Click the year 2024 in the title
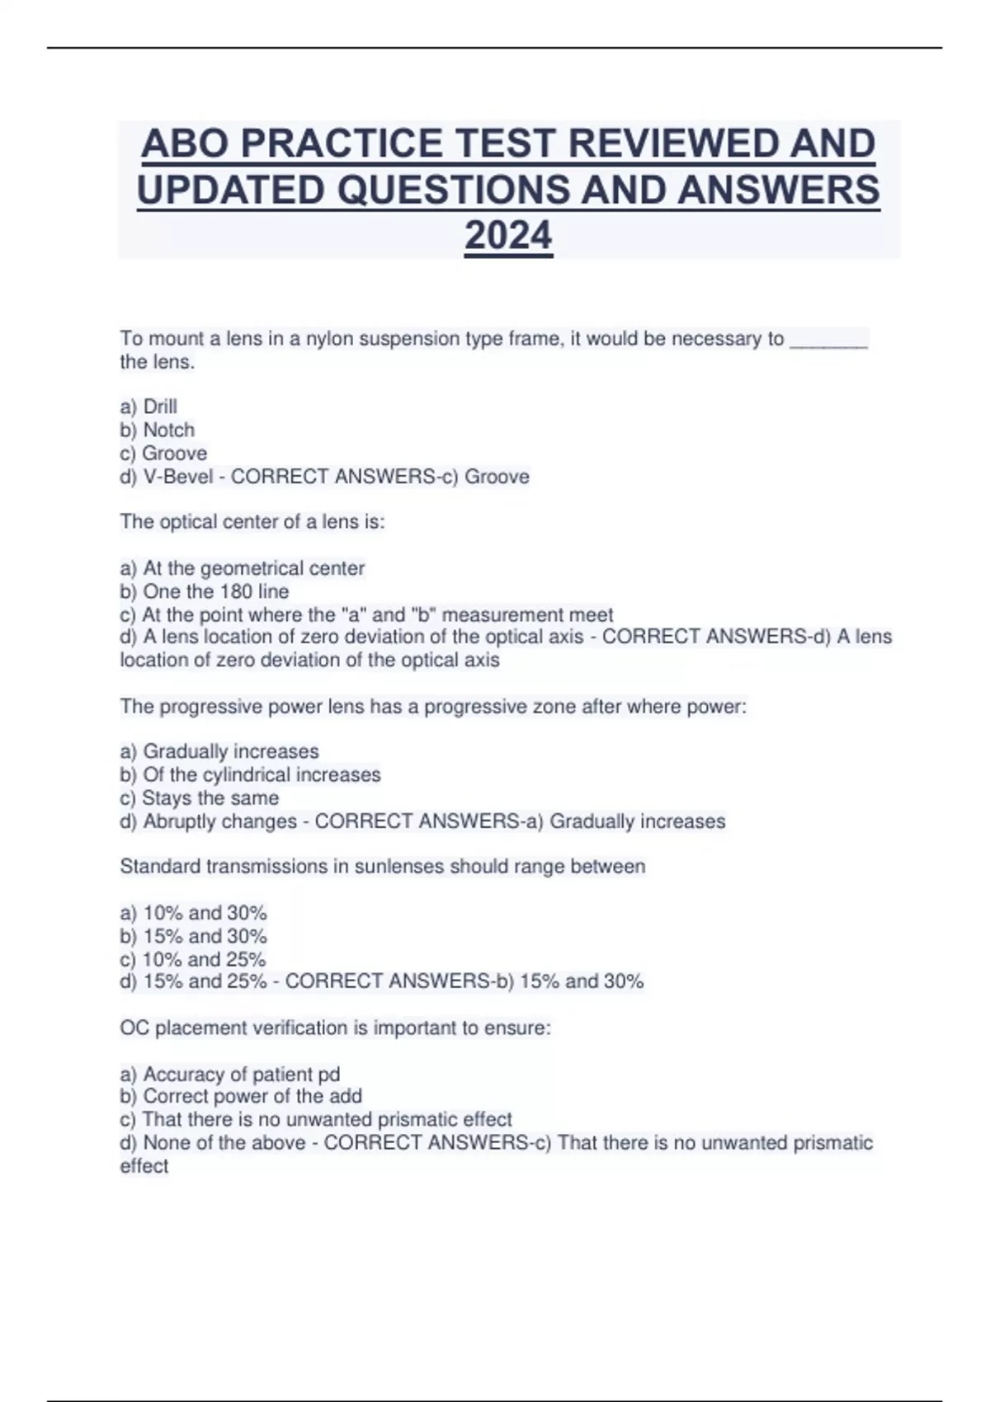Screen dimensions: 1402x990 tap(508, 236)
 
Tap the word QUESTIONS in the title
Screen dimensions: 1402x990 tap(454, 190)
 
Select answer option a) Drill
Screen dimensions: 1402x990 tap(148, 407)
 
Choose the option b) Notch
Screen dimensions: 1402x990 tap(158, 430)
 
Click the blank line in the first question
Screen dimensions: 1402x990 tap(828, 340)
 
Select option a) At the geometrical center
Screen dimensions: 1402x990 tap(243, 568)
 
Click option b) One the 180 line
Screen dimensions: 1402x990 tap(205, 591)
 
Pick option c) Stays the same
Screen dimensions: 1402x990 tap(200, 797)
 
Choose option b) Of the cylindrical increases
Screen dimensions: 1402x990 tap(251, 774)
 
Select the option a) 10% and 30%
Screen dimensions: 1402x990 tap(194, 913)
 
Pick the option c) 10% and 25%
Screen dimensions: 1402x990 tap(193, 959)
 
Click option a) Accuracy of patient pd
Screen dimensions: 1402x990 tap(230, 1074)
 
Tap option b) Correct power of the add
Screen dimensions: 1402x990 tap(241, 1096)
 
